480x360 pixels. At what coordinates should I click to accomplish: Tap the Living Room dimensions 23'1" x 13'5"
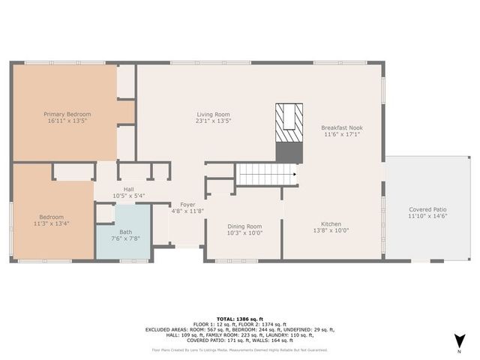coord(214,121)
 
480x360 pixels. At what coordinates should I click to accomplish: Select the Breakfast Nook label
coord(342,127)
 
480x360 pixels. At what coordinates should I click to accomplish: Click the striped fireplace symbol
coord(289,122)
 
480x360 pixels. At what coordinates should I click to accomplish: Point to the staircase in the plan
coord(267,175)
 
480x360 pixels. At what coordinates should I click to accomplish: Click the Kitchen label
coord(331,223)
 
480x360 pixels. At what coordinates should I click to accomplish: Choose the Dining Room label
coord(244,226)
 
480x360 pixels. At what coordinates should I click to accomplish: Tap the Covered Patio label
coord(427,209)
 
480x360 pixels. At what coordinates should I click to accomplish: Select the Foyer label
coord(187,204)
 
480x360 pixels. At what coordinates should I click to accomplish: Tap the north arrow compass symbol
coord(458,342)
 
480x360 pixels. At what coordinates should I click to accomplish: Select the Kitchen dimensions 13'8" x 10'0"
coord(331,230)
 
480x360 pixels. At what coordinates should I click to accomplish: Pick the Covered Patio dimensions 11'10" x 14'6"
coord(427,216)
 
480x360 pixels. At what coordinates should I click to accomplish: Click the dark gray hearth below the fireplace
coord(289,151)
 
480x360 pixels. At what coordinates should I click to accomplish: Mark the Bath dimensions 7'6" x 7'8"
coord(123,238)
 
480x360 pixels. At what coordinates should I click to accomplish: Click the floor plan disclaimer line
coord(240,349)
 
